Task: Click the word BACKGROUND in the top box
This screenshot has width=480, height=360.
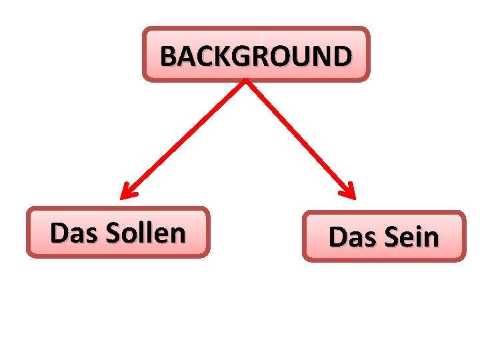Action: coord(255,56)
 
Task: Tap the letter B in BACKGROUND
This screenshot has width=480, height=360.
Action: coord(168,56)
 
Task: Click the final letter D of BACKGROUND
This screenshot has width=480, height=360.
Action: coord(340,56)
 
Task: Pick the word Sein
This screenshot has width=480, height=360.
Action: coord(413,237)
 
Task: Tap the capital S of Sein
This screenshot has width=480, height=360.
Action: coord(391,237)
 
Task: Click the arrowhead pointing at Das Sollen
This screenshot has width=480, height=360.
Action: coord(126,193)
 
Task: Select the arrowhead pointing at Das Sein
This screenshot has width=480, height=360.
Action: coord(349,192)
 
